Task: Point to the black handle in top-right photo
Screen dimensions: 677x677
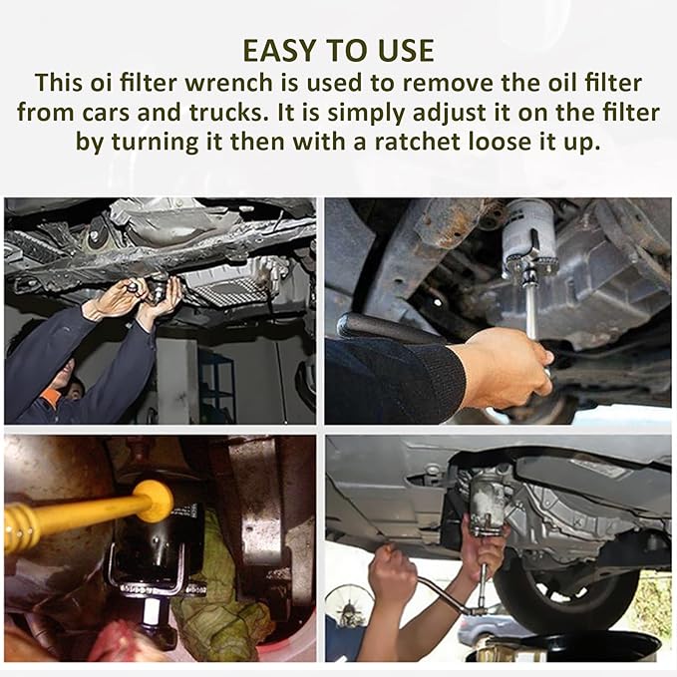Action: tap(384, 329)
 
